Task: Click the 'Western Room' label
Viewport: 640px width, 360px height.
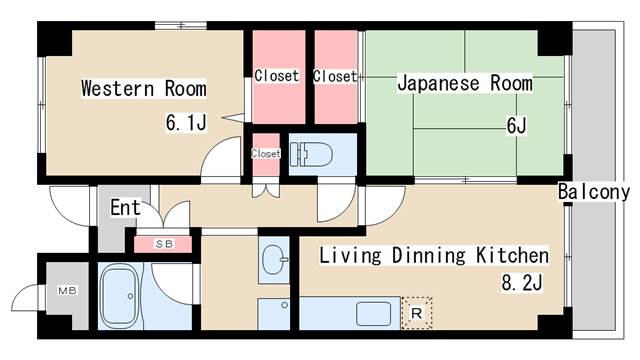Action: click(143, 89)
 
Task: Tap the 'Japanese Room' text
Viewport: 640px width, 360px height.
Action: click(464, 83)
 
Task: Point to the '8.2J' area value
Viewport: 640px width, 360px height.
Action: click(521, 283)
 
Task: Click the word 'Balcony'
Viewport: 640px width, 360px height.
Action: click(593, 191)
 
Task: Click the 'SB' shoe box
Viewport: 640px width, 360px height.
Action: click(162, 243)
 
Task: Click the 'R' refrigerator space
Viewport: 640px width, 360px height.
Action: click(417, 313)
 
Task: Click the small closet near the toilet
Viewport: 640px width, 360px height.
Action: click(265, 154)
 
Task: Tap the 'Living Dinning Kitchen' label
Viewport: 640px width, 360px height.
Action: click(433, 255)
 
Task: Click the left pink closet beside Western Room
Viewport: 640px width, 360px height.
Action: click(276, 76)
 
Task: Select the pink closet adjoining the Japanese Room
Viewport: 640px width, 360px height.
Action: click(334, 76)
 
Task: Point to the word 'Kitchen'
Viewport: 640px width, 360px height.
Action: click(513, 255)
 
